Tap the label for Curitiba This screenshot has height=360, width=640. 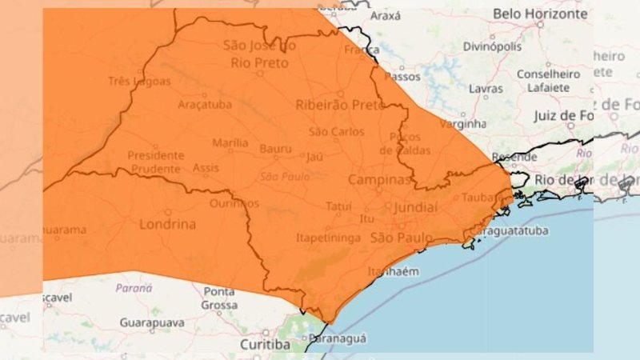[x=265, y=344]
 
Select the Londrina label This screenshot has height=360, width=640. [x=167, y=224]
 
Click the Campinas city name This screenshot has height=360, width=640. [x=379, y=179]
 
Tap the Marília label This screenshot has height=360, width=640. [x=230, y=143]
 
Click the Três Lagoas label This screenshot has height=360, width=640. [x=139, y=81]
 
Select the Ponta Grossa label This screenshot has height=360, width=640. [x=219, y=298]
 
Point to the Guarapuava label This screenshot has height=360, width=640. [x=151, y=322]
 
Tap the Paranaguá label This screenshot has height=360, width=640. [x=338, y=338]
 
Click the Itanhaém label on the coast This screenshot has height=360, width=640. [x=393, y=273]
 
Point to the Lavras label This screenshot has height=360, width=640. [x=486, y=88]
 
